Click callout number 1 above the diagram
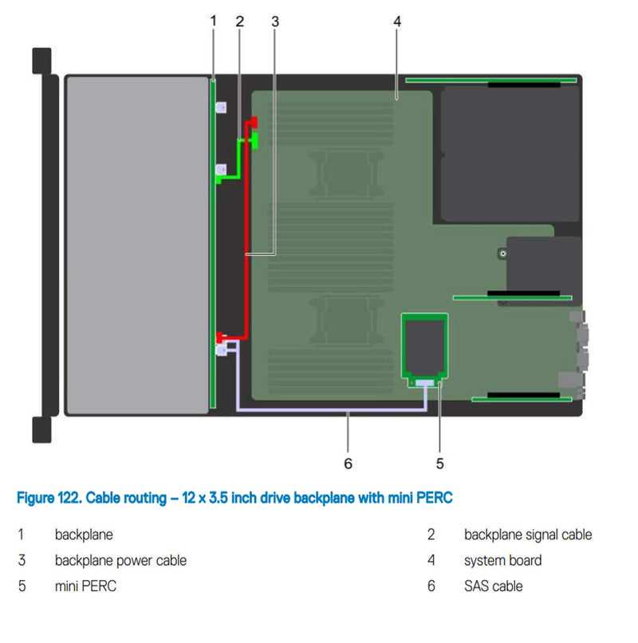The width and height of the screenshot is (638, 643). click(213, 21)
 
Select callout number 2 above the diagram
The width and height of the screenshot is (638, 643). click(239, 22)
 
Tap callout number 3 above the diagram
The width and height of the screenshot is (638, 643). click(275, 22)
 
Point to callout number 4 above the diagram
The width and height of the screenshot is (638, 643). click(397, 22)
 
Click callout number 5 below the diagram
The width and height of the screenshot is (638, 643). click(439, 462)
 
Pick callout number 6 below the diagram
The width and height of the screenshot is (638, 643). click(348, 462)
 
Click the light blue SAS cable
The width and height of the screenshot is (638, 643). click(335, 412)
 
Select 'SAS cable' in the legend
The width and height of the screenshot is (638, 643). click(493, 586)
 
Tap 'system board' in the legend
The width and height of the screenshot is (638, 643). click(502, 560)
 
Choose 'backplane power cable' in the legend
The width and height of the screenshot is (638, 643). click(120, 560)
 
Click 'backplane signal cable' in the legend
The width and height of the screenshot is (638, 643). click(527, 535)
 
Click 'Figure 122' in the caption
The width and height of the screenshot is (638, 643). click(48, 498)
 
